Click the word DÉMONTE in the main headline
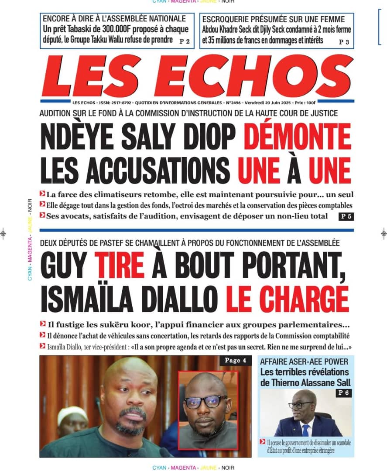coord(297,137)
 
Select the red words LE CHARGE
coord(288,299)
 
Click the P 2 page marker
coord(185,42)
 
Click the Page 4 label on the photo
coord(236,361)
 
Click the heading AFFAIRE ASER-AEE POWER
coord(304,362)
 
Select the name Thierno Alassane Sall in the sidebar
coord(304,383)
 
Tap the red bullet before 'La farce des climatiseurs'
coord(42,194)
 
